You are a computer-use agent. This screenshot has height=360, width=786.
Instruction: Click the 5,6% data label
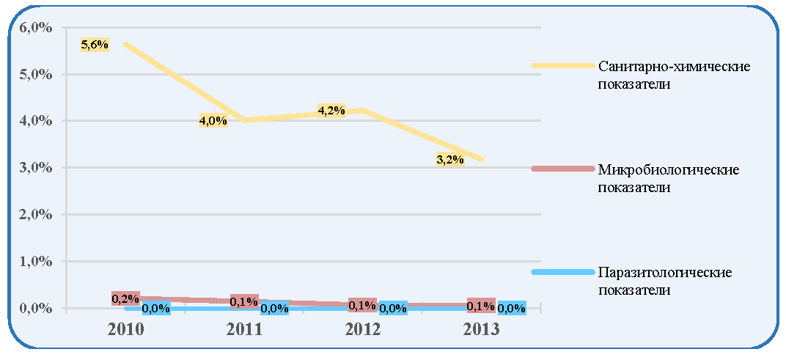tap(95, 45)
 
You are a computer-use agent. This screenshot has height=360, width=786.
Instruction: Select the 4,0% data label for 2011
tap(213, 120)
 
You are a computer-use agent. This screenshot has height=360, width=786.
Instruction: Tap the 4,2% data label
tap(331, 110)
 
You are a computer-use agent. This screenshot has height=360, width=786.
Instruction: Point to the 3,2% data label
tap(449, 161)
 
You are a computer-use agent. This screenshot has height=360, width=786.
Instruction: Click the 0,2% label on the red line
tap(125, 299)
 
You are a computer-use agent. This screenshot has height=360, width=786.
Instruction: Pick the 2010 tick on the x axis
tap(126, 330)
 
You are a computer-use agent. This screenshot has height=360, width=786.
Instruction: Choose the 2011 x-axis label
tap(244, 330)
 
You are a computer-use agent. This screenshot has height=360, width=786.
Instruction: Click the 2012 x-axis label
tap(363, 330)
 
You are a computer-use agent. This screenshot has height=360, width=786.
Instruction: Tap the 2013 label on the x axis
tap(481, 330)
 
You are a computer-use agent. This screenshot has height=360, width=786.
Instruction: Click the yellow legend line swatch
tap(562, 65)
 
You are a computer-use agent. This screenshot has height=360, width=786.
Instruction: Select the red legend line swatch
tap(562, 169)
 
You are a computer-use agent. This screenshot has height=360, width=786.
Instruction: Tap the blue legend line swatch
tap(562, 272)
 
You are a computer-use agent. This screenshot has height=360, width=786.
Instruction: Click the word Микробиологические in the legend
tap(669, 170)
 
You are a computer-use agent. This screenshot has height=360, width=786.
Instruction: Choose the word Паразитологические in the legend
tap(665, 273)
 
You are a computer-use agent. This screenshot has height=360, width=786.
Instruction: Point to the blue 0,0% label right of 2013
tap(512, 309)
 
